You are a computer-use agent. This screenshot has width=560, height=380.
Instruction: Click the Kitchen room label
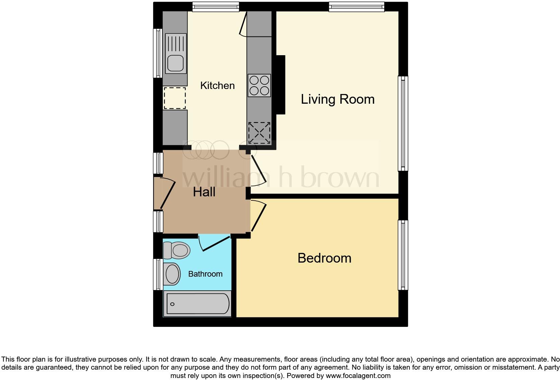click(217, 86)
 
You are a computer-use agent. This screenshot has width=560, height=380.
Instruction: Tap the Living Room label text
click(337, 99)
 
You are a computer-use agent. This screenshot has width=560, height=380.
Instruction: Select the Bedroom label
click(324, 258)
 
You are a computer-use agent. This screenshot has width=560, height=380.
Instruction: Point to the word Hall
click(204, 192)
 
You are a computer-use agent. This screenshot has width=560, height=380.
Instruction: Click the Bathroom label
click(205, 274)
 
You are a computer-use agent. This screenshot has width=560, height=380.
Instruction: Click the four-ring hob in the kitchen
click(259, 86)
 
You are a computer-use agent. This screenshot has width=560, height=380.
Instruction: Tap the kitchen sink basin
click(176, 63)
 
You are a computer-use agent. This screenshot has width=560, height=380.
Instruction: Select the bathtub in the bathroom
click(197, 304)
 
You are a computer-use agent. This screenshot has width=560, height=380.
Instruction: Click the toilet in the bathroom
click(177, 250)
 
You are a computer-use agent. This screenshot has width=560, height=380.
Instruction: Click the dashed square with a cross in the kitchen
click(259, 133)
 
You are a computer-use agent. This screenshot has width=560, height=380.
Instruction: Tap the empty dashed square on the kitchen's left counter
click(174, 98)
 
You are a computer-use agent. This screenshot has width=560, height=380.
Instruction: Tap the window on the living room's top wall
click(356, 7)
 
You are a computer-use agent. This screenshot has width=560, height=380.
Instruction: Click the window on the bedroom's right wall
click(403, 255)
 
